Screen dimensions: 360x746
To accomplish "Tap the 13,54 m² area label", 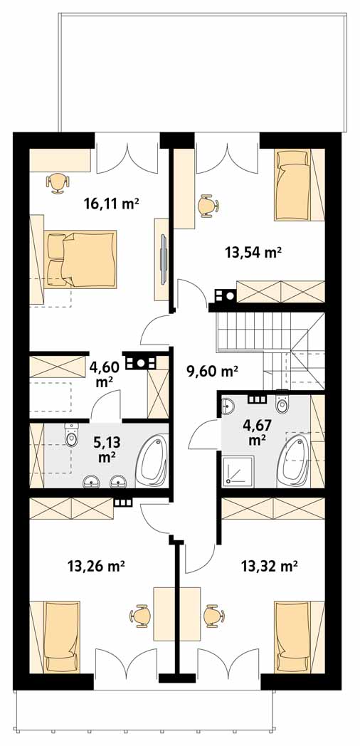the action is point(250,252).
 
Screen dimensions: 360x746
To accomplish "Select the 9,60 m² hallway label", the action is point(212,371).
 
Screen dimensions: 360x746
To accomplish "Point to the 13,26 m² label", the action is point(96,566).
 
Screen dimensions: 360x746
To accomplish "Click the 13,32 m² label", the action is point(269,566).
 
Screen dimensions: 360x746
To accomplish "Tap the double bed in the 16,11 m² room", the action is point(81,260).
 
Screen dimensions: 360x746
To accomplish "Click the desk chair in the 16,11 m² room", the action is point(58,182).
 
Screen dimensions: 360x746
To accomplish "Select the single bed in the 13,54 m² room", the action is point(292,185).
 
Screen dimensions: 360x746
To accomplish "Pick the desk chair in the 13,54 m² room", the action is point(207,206).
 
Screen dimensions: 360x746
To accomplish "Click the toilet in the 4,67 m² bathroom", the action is point(282,404).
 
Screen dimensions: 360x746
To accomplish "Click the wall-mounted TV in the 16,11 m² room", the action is point(163,259).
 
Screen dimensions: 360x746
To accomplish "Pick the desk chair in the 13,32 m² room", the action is point(213,616).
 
